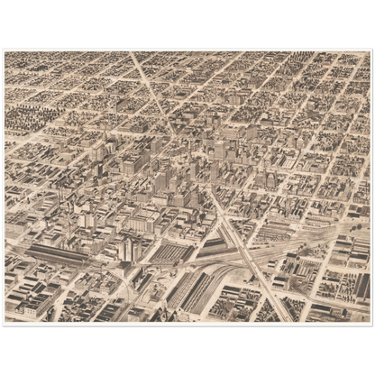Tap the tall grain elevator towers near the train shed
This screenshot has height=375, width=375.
pyautogui.click(x=127, y=249)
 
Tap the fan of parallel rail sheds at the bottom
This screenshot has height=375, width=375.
pyautogui.click(x=194, y=293)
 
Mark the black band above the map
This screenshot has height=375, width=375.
pyautogui.click(x=187, y=23)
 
